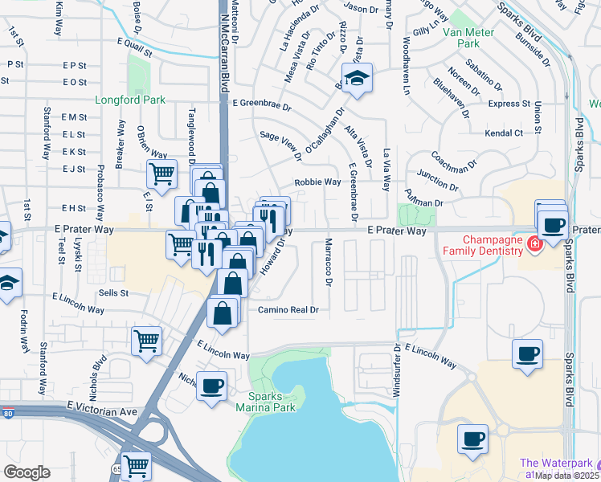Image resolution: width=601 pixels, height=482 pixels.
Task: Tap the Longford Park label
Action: (130, 100)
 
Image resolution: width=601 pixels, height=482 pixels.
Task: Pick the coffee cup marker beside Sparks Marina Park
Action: (212, 386)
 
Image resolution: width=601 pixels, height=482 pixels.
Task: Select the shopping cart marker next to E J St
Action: (161, 173)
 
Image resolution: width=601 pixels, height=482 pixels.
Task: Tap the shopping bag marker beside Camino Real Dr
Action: (223, 312)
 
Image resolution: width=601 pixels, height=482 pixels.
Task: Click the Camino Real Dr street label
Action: (288, 310)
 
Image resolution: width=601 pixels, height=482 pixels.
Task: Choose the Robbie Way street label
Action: (317, 182)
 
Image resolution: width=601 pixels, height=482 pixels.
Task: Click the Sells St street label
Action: (113, 293)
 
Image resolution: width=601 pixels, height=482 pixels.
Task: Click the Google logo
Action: (27, 472)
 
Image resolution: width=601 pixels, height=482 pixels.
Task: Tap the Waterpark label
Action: (560, 464)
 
